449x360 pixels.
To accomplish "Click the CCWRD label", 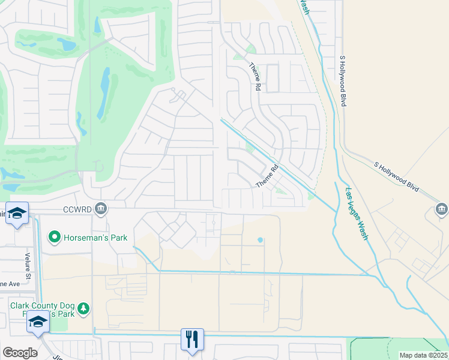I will [77, 209].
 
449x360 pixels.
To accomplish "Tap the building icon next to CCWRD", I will [101, 209].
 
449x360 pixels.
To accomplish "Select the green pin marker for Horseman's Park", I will [55, 238].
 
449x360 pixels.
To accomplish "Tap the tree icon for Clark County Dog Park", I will [84, 308].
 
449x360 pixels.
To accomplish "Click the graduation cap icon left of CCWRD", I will [17, 213].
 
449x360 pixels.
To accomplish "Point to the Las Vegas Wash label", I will [357, 214].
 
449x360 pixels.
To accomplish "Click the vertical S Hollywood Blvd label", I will [343, 81].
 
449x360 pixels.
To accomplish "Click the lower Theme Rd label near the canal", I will [268, 176].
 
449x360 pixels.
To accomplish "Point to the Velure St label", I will [27, 262].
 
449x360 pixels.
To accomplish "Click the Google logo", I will [20, 352].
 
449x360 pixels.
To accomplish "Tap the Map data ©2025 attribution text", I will [423, 355].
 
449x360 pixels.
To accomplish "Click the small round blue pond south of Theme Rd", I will [260, 240].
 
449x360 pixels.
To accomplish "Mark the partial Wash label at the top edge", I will [305, 7].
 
